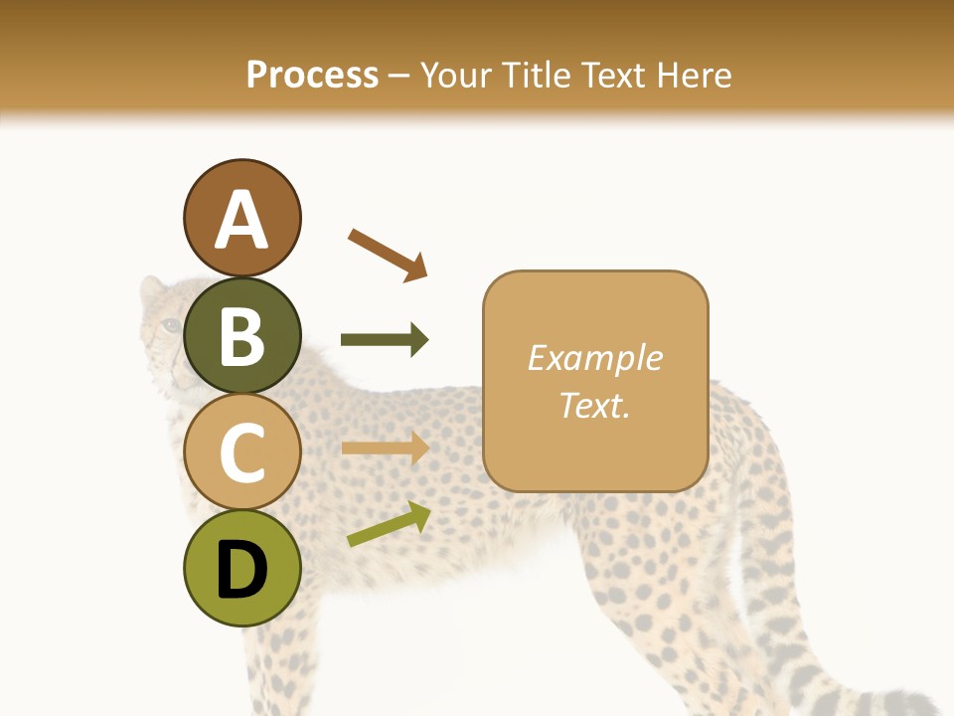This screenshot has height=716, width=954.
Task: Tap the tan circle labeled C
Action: [x=241, y=452]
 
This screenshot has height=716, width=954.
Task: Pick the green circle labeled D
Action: [x=241, y=569]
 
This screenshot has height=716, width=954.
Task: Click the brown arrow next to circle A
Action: [x=388, y=254]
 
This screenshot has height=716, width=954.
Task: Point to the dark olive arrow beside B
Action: [x=385, y=340]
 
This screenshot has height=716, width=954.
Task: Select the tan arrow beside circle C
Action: [x=385, y=447]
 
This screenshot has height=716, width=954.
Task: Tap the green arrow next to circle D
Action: [x=389, y=523]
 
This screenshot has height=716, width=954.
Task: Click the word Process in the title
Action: [x=312, y=75]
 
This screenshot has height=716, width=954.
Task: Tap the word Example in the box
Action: [x=594, y=358]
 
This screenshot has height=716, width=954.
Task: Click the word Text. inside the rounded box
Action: [x=594, y=405]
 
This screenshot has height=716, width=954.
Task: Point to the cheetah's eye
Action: [x=172, y=325]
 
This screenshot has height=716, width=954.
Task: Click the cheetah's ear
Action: [x=151, y=289]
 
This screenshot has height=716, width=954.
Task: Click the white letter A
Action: [x=241, y=219]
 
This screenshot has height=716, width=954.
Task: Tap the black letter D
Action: [x=241, y=571]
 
